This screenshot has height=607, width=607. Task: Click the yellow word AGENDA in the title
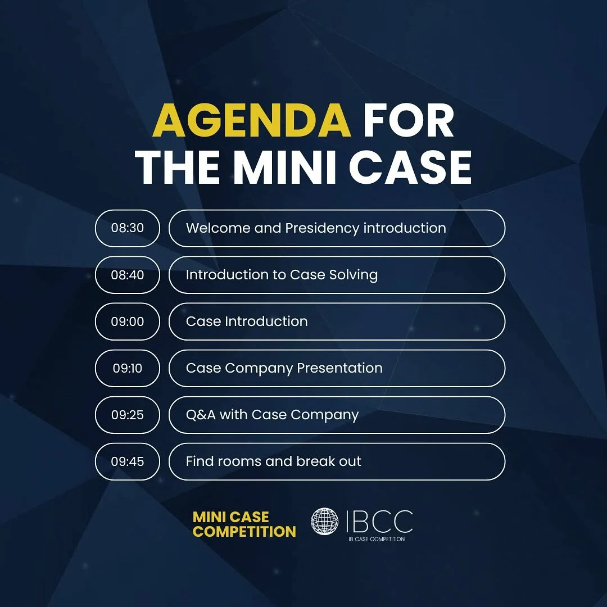click(252, 121)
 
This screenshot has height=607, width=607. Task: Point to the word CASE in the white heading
click(411, 167)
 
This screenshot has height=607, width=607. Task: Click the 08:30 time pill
click(128, 228)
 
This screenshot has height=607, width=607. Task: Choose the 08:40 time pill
click(128, 275)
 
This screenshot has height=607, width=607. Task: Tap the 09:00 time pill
click(128, 321)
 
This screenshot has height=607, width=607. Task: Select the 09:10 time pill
click(128, 368)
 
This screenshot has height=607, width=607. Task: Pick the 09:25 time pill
click(128, 415)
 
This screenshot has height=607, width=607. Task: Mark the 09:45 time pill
click(128, 461)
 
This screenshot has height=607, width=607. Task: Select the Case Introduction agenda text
click(247, 321)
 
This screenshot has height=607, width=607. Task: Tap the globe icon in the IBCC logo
click(325, 522)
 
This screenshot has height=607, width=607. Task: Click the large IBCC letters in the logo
click(379, 522)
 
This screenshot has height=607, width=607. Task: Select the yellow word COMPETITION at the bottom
click(244, 531)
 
